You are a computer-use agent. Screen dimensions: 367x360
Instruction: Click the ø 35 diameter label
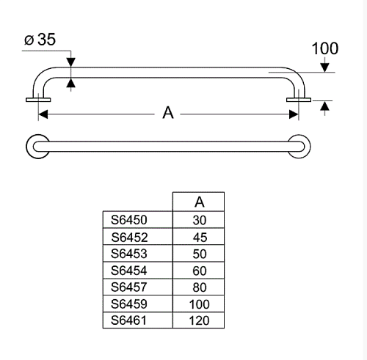[x=40, y=40]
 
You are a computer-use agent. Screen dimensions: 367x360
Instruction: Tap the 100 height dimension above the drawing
[x=325, y=48]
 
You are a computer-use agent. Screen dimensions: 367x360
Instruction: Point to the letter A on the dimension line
[x=168, y=113]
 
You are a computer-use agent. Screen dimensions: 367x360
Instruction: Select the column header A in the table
[x=200, y=202]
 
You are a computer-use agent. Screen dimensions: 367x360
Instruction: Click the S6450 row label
[x=129, y=220]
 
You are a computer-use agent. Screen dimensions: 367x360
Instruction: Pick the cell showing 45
[x=200, y=238]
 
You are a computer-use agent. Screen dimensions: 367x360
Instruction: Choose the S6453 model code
[x=129, y=254]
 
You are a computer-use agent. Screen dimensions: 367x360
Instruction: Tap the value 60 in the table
[x=200, y=271]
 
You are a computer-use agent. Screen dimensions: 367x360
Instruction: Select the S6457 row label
[x=129, y=287]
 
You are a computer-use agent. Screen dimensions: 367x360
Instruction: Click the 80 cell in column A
[x=200, y=287]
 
